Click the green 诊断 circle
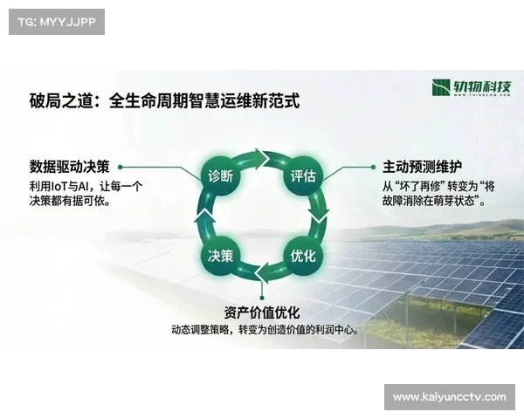point(220,175)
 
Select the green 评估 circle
point(302,175)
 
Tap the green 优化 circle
point(302,257)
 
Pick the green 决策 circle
point(220,257)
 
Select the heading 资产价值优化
point(261,313)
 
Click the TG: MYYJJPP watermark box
point(55,21)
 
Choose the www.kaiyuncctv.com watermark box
point(450,397)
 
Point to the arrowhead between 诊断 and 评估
point(263,157)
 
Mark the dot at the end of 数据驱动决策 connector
point(121,166)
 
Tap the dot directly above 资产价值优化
point(261,297)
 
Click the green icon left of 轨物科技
point(442,88)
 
